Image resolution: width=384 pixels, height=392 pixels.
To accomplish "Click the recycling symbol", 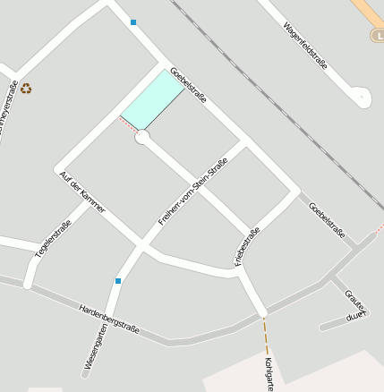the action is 26,89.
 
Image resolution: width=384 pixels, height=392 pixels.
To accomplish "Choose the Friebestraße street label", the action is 247,246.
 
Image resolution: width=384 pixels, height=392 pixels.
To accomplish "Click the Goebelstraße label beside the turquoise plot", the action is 188,84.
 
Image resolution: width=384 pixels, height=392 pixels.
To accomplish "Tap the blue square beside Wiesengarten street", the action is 117,281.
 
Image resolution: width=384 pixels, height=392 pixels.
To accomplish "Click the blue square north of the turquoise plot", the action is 133,22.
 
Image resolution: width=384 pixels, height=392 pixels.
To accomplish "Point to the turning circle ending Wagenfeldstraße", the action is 362,97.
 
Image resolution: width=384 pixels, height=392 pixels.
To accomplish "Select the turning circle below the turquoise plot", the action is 141,137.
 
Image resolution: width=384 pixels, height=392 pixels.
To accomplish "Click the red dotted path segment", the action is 128,125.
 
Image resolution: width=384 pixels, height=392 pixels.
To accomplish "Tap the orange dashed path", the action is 265,337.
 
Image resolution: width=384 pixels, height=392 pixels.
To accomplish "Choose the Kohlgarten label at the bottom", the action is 269,374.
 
